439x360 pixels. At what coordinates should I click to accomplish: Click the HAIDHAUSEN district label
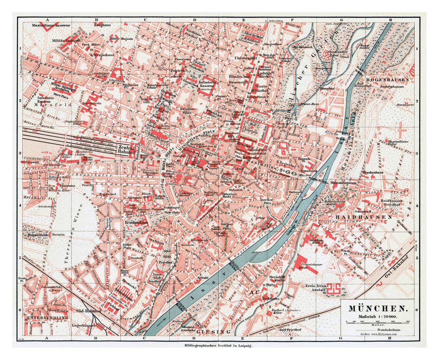(x=363, y=218)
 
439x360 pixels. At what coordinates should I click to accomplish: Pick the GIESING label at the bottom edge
(x=211, y=332)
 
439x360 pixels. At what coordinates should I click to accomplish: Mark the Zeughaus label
(x=102, y=25)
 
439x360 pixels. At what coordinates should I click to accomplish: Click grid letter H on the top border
(x=390, y=19)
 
